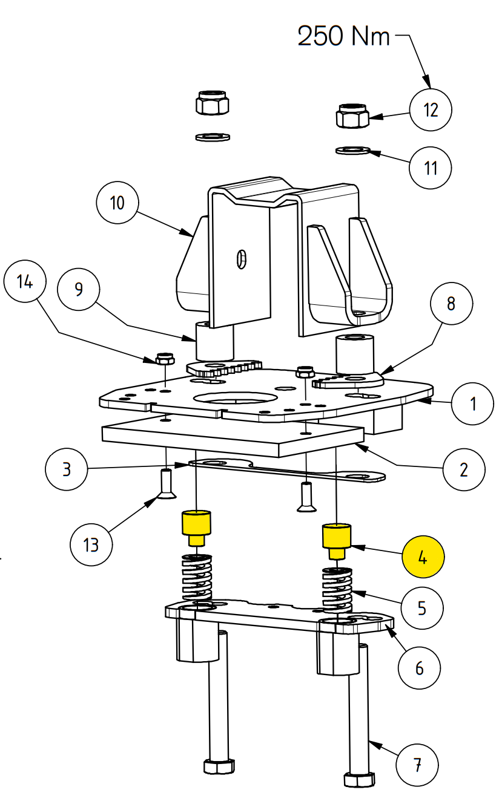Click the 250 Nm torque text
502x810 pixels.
point(344,37)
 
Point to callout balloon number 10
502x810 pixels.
point(117,202)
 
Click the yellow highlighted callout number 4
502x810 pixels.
point(423,557)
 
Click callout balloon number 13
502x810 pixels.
point(91,544)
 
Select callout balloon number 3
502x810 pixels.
point(67,468)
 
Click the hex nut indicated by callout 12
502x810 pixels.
point(352,116)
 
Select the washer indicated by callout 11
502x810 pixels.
point(352,149)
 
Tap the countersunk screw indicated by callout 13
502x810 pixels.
point(167,485)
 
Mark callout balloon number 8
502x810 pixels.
point(451,304)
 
